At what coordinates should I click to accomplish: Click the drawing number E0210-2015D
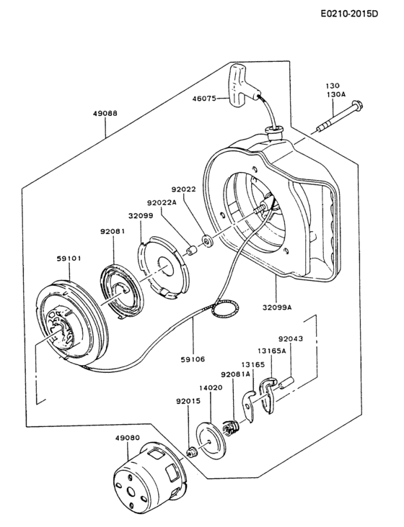[x=349, y=14]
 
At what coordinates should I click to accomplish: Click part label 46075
[x=204, y=99]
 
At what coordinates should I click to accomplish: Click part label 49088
[x=105, y=113]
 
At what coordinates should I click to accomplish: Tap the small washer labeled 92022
[x=206, y=241]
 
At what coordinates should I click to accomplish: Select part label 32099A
[x=277, y=307]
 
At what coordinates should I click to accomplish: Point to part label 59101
[x=69, y=258]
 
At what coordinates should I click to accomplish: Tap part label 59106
[x=193, y=359]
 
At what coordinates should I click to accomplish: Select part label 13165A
[x=272, y=351]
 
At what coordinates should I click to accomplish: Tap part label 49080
[x=127, y=438]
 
